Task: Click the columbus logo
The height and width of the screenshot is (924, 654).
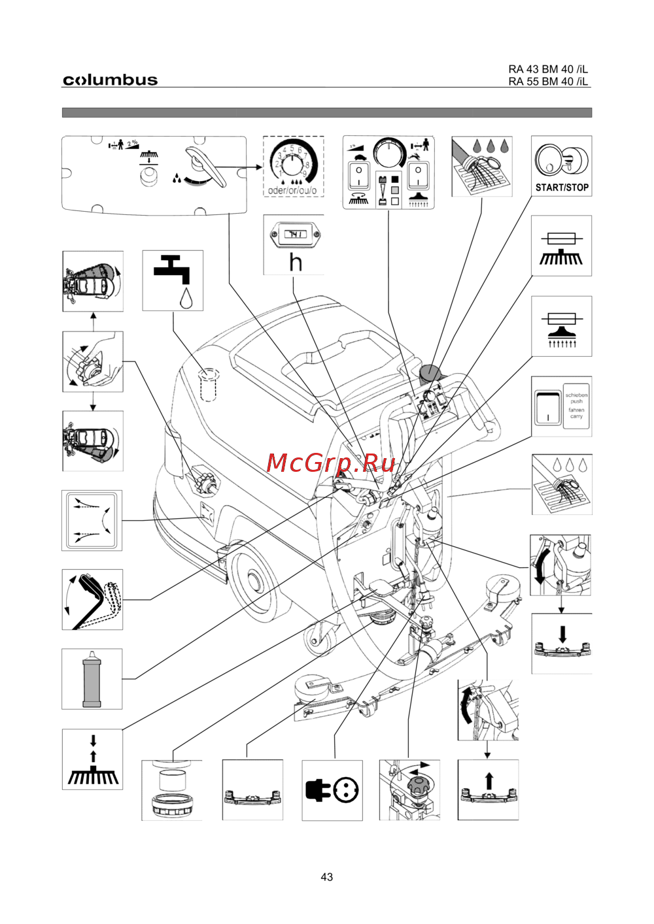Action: (x=110, y=80)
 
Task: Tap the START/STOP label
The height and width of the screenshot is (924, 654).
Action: (x=562, y=188)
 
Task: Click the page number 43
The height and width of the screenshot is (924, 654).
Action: (x=327, y=877)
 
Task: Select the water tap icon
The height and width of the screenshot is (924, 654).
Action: (x=173, y=280)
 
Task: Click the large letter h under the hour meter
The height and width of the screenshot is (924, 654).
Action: (x=296, y=262)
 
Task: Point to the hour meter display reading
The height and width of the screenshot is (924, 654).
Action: (x=295, y=234)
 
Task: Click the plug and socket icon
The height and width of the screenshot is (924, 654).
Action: (x=332, y=790)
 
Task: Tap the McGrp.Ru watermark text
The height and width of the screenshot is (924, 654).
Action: (x=331, y=463)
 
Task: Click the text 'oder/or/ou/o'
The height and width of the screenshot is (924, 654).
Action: (x=292, y=191)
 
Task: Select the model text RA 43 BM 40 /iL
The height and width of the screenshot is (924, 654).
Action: (x=548, y=69)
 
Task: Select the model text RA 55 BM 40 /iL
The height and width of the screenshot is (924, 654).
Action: (x=548, y=82)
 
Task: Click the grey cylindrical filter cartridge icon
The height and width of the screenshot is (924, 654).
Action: (x=92, y=679)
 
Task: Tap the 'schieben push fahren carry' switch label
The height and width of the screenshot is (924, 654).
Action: (x=576, y=406)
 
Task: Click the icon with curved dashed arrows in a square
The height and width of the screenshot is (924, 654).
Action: (x=92, y=521)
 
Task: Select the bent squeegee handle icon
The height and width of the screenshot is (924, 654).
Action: (x=92, y=600)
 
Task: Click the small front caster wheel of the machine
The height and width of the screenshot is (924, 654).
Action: (x=320, y=637)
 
